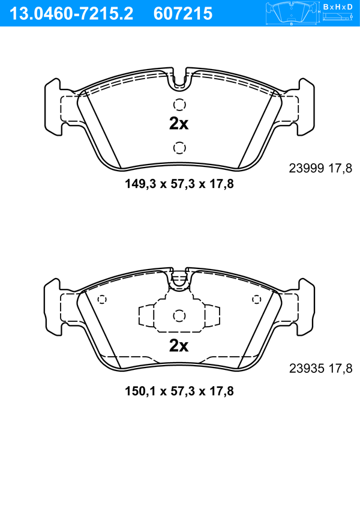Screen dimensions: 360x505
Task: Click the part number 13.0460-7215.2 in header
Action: point(71,14)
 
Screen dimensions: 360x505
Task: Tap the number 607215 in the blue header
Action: point(183,14)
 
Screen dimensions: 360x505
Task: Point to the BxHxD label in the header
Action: point(338,7)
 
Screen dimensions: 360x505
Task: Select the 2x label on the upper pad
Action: point(179,124)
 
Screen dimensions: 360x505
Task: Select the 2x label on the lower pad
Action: point(179,346)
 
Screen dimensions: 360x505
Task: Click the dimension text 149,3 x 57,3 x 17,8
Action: point(179,184)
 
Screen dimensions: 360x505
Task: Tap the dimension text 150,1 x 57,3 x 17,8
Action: point(179,392)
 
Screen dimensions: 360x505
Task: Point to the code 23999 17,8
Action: point(320,168)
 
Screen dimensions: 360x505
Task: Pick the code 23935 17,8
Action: point(320,369)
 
